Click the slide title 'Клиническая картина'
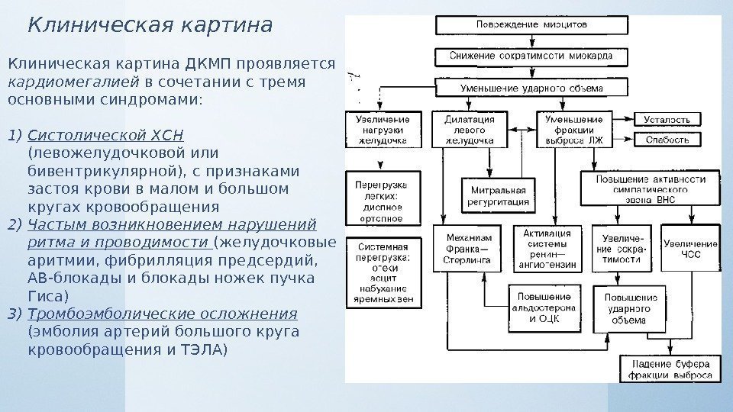pos(150,26)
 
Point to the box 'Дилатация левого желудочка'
pos(468,130)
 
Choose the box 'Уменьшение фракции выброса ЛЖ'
pos(573,130)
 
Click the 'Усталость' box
pos(667,120)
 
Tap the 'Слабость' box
pos(667,140)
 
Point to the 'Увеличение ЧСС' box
pos(689,249)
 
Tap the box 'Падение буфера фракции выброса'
pos(670,369)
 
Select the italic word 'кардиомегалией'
pos(73,81)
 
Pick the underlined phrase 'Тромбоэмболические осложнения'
pos(162,314)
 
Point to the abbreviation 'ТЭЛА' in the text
pos(205,349)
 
